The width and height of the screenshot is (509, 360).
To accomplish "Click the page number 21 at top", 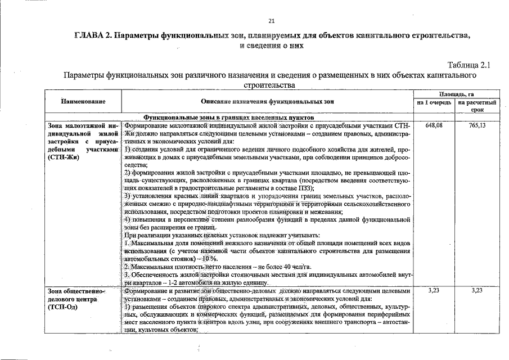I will coord(271,22).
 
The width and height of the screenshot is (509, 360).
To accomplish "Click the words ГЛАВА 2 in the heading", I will coord(92,35).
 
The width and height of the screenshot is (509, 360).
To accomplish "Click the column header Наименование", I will coord(83,102).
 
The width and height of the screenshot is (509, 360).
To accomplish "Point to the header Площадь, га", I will coord(460,94).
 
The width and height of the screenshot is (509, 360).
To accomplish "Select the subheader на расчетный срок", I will coord(477,106).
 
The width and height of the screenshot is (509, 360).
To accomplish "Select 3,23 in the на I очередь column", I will coord(434,291).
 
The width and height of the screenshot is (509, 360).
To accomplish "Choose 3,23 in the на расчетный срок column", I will coord(477,291).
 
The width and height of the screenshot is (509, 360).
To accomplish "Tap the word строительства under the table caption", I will coord(270,85).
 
